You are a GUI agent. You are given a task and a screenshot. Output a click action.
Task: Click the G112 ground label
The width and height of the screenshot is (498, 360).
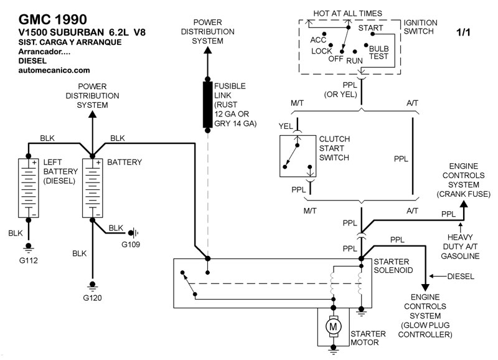[28, 260]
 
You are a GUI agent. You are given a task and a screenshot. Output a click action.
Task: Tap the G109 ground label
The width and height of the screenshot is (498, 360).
[131, 244]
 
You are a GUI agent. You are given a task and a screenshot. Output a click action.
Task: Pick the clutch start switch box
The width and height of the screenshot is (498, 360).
[297, 153]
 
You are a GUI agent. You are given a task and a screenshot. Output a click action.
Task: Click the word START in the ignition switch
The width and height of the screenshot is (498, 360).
[372, 28]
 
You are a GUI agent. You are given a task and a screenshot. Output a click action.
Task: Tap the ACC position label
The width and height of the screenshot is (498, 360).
[318, 40]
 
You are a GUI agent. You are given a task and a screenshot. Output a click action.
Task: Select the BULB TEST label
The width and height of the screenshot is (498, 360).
[378, 52]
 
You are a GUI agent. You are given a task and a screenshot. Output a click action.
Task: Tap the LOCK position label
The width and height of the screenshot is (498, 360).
[322, 50]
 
